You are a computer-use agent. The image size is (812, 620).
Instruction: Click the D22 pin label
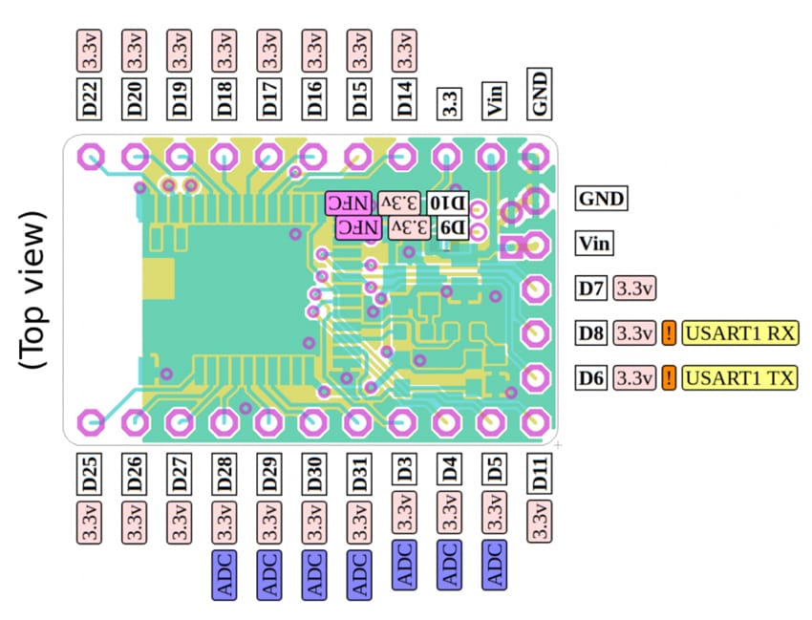(90, 98)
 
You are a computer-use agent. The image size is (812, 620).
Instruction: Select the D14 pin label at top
(405, 98)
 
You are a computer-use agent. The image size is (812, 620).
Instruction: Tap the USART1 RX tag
(740, 333)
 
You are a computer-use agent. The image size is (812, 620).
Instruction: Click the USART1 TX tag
(740, 377)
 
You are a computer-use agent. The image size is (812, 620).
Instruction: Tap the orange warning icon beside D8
(669, 333)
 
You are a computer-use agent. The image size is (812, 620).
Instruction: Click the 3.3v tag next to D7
(634, 288)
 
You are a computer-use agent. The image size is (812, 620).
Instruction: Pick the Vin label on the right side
(594, 243)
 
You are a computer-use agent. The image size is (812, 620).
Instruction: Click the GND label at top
(540, 98)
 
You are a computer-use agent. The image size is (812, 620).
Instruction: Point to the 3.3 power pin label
(450, 101)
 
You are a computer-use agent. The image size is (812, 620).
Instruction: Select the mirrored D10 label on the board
(448, 203)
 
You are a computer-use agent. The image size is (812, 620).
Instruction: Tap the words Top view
(34, 289)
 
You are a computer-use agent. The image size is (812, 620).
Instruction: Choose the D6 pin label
(591, 377)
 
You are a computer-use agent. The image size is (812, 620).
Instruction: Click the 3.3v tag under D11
(540, 522)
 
